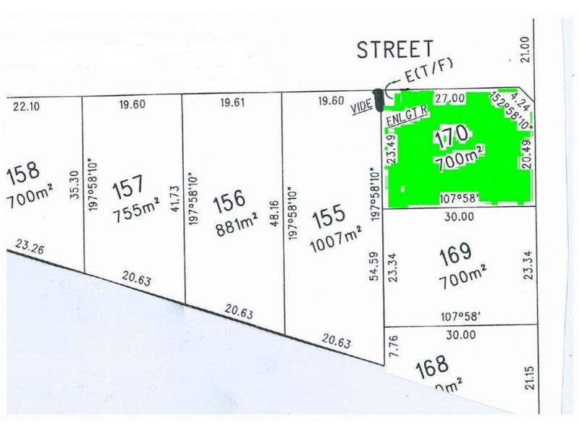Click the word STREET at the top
(x=395, y=50)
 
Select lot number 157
(x=130, y=191)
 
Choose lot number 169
(x=455, y=252)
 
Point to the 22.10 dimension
(x=26, y=106)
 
